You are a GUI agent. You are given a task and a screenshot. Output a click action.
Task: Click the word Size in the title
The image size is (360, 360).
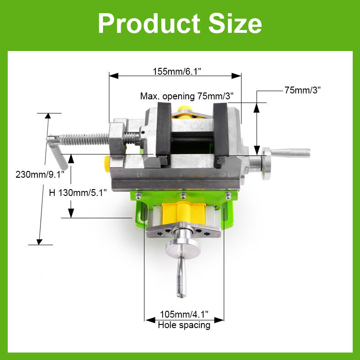235,23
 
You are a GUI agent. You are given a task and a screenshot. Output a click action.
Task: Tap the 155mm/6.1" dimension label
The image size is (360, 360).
177,72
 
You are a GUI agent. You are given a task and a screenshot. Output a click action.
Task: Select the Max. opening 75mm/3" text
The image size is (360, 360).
187,96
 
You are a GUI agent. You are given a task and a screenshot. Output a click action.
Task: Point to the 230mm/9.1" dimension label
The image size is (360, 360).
40,175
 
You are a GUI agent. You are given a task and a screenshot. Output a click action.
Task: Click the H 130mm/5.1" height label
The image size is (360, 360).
78,193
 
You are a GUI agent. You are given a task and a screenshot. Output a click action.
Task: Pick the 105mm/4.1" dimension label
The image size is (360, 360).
184,314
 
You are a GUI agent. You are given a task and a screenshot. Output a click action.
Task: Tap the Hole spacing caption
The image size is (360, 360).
184,325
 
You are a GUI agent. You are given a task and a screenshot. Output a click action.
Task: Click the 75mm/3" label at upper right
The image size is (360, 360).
303,90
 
